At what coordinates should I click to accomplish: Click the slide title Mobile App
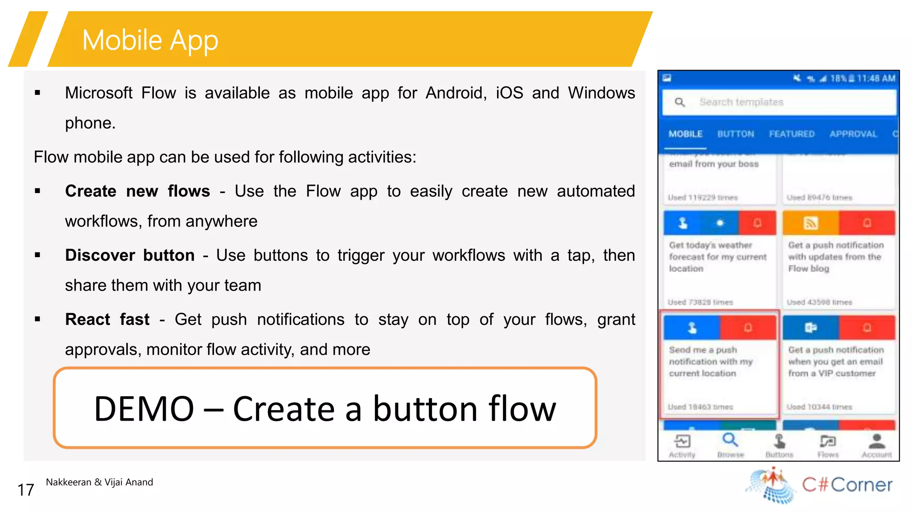coord(150,40)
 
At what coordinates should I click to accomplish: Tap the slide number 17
coord(25,490)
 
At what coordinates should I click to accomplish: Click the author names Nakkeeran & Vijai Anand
coord(99,482)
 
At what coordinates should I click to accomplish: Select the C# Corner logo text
coord(847,484)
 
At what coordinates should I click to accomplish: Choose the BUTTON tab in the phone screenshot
coord(736,134)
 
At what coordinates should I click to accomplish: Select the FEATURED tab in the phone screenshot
coord(792,134)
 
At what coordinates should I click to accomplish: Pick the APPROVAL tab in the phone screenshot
coord(853,134)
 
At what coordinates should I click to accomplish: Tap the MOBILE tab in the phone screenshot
coord(686,134)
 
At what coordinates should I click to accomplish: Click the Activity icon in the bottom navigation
coord(682,442)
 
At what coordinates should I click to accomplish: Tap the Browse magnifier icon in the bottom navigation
coord(730,440)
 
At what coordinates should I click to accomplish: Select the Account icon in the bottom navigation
coord(876,441)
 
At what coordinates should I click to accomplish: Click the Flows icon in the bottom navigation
coord(828,442)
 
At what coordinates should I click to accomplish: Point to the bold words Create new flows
coord(137,191)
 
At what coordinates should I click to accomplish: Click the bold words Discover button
coord(130,255)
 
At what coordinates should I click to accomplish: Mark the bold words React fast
coord(107,320)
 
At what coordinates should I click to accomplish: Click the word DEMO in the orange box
coord(144,409)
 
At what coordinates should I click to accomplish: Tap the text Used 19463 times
coord(700,407)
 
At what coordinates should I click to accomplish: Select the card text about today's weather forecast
coord(717,257)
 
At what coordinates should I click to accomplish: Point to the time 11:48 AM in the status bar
coord(876,78)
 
